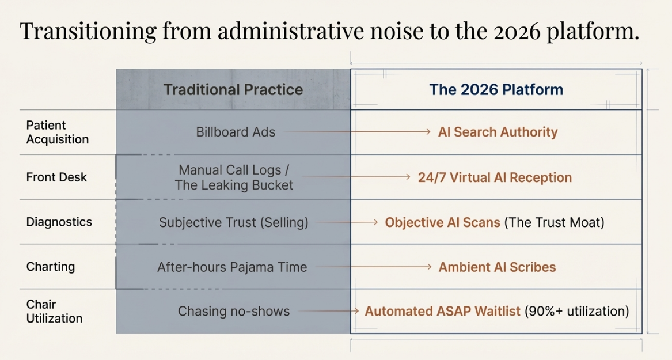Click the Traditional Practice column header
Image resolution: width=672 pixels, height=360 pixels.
[233, 90]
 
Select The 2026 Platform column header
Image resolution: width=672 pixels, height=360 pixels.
[496, 90]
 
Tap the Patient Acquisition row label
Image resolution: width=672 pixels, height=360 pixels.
[58, 132]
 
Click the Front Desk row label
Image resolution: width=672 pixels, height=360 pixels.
[56, 177]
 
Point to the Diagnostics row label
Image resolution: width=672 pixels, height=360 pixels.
[59, 222]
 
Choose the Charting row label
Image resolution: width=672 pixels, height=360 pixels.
[51, 267]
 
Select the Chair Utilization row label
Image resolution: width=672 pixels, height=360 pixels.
[55, 311]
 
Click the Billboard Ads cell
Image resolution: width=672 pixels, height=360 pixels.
[236, 132]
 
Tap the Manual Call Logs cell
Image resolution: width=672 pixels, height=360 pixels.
[234, 177]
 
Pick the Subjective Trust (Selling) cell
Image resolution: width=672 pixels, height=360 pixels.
[234, 222]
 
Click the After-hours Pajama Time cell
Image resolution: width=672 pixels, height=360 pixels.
[232, 267]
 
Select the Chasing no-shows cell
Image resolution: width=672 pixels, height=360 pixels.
[234, 311]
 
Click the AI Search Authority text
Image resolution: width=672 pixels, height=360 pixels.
[498, 132]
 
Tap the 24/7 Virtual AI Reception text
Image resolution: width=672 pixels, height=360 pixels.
[495, 177]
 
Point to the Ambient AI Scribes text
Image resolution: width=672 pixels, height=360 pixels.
[497, 267]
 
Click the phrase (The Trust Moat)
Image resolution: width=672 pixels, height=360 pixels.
[554, 222]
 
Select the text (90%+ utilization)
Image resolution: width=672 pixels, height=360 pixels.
[577, 311]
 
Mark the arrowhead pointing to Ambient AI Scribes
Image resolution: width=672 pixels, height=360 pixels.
[429, 267]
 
